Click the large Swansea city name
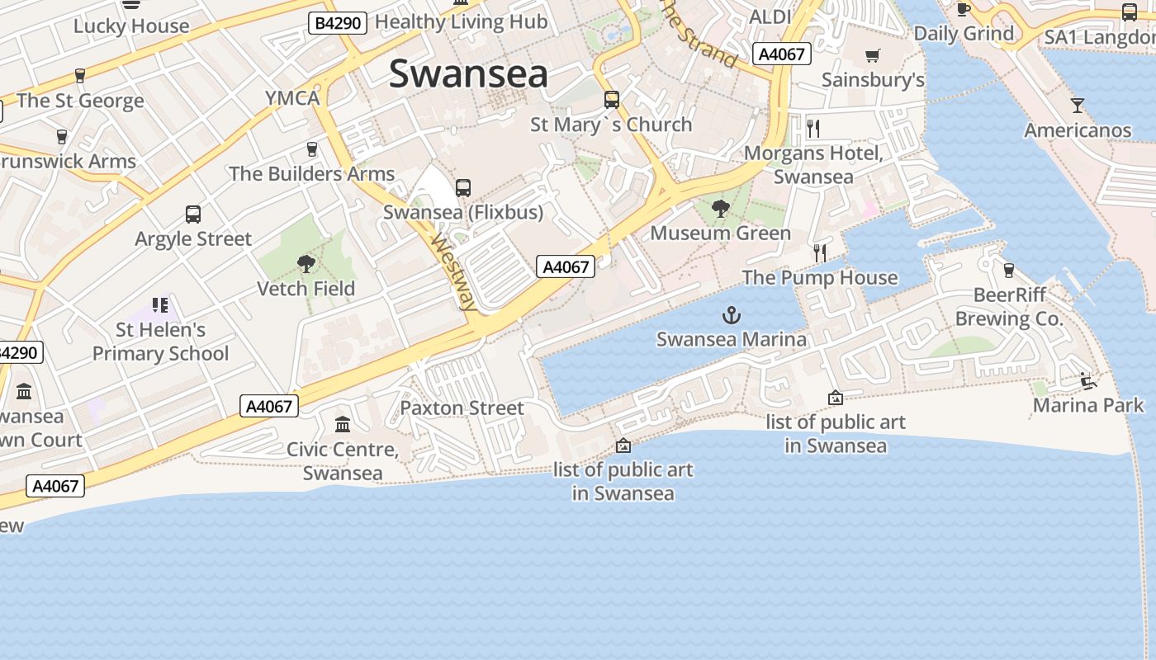point(468,73)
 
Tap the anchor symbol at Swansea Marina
point(731,314)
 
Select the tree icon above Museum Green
point(721,209)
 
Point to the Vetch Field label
point(306,289)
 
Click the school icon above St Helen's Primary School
point(160,305)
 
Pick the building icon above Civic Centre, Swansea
point(343,425)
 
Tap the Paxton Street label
point(462,408)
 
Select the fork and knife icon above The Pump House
point(819,252)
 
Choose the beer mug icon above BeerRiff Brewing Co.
point(1008,270)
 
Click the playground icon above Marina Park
point(1088,380)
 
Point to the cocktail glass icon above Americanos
point(1078,105)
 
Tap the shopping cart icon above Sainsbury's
point(873,55)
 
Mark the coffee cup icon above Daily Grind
point(964,9)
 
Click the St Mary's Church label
point(611,125)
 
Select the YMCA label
point(292,98)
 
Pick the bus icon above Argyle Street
point(193,214)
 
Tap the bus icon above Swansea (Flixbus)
point(463,188)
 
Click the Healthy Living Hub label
point(462,22)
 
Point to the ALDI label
point(770,16)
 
